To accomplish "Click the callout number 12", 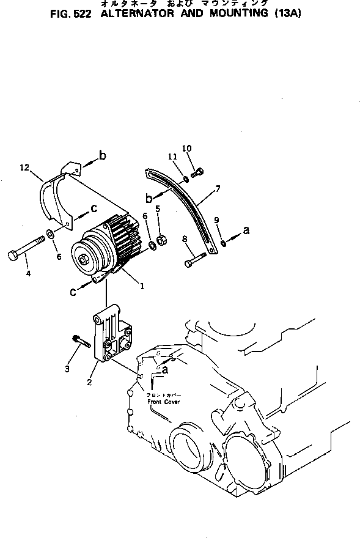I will click(24, 167).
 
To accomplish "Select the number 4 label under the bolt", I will click(28, 274).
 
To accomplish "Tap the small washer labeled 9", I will click(224, 243).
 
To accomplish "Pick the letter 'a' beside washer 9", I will click(247, 230).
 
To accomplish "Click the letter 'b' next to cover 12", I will click(102, 155).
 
